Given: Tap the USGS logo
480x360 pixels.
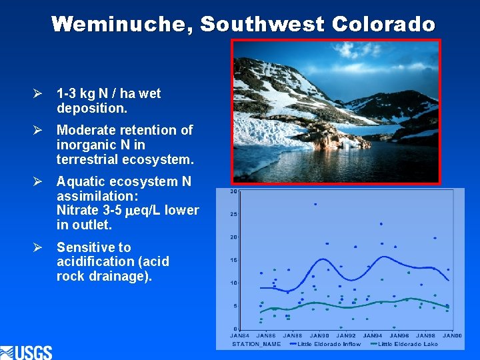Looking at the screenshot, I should (27, 351).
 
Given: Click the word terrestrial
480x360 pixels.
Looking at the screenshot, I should (89, 159).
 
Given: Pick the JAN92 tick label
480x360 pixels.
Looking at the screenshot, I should (346, 335).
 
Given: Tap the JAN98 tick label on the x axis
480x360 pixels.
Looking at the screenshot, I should (426, 335).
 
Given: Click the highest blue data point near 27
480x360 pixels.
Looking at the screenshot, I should (315, 204).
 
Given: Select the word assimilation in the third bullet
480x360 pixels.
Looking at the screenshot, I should (99, 196).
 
